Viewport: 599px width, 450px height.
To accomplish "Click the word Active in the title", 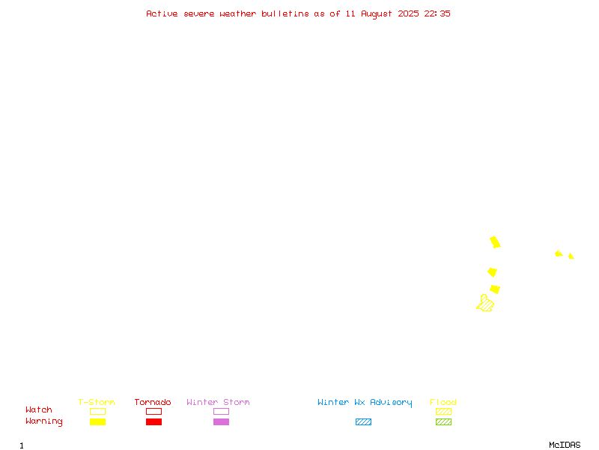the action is (x=162, y=13).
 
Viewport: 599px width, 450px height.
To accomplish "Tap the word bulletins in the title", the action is (x=285, y=13).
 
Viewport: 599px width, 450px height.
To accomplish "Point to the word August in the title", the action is (x=377, y=14).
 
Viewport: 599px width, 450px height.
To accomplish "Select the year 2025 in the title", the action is (x=408, y=13).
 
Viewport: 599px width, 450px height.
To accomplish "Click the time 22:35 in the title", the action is (x=437, y=13).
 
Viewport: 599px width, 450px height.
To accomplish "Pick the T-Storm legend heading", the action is (x=97, y=402).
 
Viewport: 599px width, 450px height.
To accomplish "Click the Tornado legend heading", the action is (x=153, y=402).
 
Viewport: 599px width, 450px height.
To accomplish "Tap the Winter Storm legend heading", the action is (x=218, y=402).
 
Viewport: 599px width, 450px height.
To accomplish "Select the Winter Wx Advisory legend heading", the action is (x=365, y=403).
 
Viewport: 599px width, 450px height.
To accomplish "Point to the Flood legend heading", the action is (x=443, y=402).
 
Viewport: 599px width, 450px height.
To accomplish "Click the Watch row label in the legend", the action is (x=39, y=409).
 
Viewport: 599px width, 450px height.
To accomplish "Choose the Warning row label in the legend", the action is (x=44, y=421).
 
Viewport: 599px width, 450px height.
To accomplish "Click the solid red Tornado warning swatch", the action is (x=154, y=421).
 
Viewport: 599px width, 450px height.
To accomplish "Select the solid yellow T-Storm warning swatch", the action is (x=98, y=421).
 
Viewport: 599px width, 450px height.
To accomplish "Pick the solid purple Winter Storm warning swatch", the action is (x=221, y=421).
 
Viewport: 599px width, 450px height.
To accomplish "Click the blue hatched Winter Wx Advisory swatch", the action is (x=363, y=421).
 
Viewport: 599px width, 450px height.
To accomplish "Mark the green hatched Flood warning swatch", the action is (x=443, y=421).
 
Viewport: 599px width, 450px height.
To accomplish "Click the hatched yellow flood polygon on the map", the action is (x=485, y=304).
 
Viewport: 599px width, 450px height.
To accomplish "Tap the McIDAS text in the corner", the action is (x=565, y=445).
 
